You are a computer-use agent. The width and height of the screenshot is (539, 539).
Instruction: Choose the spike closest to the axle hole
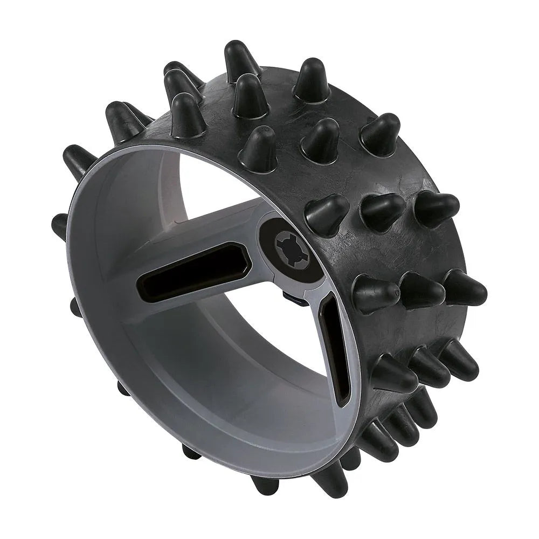pos(327,213)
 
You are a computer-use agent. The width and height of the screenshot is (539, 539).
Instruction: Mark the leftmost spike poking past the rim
pos(59,226)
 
